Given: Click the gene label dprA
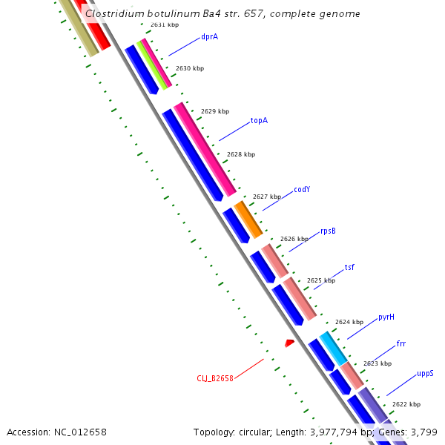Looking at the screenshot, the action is (209, 36).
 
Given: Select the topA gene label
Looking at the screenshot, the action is (259, 120).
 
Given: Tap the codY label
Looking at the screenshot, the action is (302, 189).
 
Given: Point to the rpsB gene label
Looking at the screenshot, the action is (328, 231).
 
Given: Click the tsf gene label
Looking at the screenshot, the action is (349, 267).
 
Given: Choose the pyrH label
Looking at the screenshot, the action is (386, 317).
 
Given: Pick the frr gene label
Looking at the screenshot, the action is (401, 344).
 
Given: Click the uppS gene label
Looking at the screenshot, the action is (425, 373).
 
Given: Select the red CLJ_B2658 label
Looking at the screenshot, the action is (215, 378).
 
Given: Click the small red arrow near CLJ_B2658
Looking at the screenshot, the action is (290, 342).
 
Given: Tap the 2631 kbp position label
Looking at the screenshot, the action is (165, 24).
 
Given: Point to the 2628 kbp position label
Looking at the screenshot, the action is (241, 154).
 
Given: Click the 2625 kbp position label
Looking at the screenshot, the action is (321, 280).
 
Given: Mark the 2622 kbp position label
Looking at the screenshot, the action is (406, 404).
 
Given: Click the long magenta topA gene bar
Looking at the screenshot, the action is (205, 149).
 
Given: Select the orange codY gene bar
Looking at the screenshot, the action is (248, 219).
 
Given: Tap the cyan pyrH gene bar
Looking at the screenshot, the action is (333, 348).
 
